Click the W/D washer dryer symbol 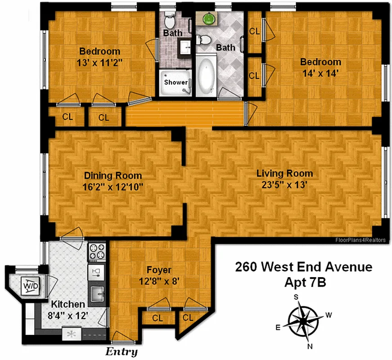click(31, 286)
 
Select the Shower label click(176, 82)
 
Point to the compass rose click(304, 321)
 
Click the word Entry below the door click(122, 351)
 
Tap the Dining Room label click(113, 176)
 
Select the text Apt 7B click(304, 282)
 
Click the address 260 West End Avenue click(304, 267)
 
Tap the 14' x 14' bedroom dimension click(321, 73)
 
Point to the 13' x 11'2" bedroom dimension click(100, 63)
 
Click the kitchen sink click(97, 295)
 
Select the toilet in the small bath click(170, 20)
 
